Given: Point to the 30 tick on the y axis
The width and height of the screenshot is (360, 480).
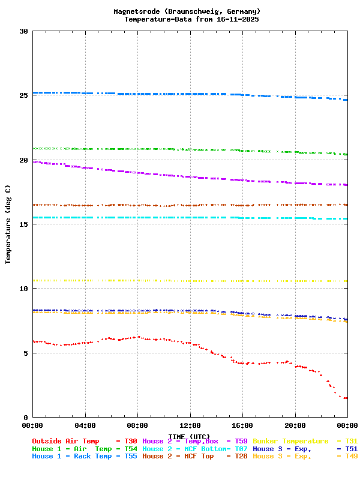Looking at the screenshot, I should click(x=23, y=31).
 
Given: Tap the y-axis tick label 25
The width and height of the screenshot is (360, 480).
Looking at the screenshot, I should click(x=23, y=95).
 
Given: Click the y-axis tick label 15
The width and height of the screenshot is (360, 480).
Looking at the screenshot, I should click(x=23, y=224).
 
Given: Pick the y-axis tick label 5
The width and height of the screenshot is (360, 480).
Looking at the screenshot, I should click(x=26, y=353).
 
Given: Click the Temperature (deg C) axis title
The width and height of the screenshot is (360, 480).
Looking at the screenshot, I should click(x=8, y=224).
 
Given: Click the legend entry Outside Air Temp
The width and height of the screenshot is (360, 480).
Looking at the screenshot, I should click(x=65, y=441).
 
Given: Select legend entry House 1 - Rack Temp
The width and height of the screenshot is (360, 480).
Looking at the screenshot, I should click(x=71, y=457).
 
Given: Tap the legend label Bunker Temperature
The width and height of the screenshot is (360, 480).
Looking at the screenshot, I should click(x=290, y=441).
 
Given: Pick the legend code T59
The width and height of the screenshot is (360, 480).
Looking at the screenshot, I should click(x=241, y=441).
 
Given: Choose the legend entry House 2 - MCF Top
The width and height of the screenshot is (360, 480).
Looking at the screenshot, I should click(x=178, y=457).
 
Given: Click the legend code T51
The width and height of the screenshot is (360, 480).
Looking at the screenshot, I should click(x=351, y=449).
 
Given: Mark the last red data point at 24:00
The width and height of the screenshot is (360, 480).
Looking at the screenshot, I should click(x=346, y=398).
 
